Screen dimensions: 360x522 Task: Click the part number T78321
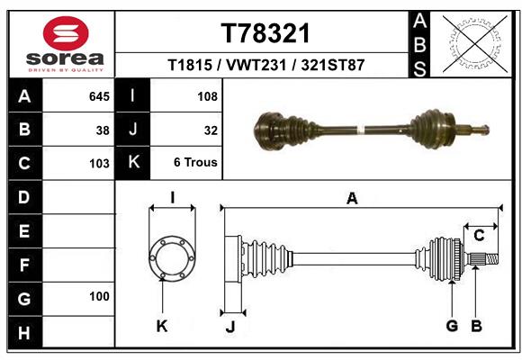(265, 33)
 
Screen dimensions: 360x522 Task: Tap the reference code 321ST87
(332, 66)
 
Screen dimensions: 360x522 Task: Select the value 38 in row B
(103, 130)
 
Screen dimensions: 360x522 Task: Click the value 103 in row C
(99, 164)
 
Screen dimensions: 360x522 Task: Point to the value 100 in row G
(99, 296)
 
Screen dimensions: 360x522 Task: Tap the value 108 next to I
(206, 95)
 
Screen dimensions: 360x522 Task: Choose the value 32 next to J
(211, 130)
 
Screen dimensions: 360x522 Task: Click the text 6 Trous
(195, 163)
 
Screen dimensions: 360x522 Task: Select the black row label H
(24, 332)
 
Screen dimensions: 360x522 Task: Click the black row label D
(24, 197)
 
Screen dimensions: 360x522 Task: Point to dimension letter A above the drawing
(352, 199)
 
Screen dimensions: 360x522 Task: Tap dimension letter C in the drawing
(479, 236)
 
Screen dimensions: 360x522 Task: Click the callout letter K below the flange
(162, 326)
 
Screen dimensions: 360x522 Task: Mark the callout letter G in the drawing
(452, 326)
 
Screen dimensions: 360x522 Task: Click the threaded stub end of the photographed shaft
(481, 129)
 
